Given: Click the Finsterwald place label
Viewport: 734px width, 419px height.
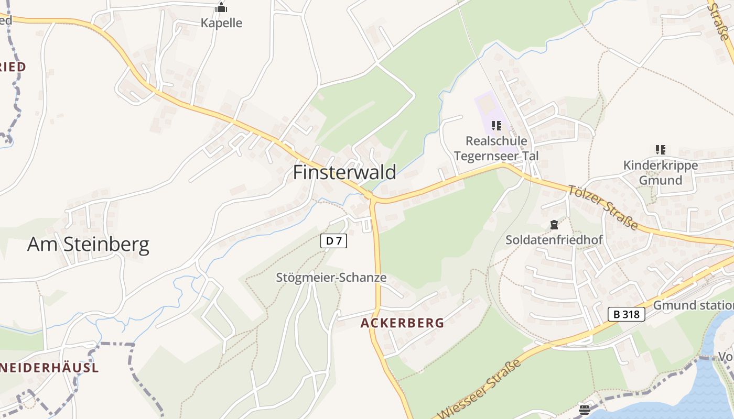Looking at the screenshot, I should coord(344,172).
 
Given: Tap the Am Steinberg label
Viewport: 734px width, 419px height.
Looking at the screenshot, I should coord(88,244).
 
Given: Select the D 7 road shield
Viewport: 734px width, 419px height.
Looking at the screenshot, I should coord(333,241).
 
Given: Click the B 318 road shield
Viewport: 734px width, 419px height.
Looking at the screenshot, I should coord(626,314).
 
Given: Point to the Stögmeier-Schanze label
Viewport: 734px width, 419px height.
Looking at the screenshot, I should coord(331,278).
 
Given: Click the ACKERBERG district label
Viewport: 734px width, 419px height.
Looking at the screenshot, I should coord(402,323).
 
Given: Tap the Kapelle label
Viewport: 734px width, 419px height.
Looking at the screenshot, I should coord(221,23).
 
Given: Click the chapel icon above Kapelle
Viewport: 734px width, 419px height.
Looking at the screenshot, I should coord(221,7).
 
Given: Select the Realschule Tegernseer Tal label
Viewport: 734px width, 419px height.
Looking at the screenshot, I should coord(496,148).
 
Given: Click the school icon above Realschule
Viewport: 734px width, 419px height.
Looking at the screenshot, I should coord(496,126).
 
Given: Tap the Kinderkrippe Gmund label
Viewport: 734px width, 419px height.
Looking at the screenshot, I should coord(660,173).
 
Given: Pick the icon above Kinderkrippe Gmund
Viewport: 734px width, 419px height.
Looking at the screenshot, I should coord(660,150).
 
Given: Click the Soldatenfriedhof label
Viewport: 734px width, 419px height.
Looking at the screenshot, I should coord(554,240).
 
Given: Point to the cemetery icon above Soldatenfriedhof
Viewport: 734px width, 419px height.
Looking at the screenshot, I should coord(554,225).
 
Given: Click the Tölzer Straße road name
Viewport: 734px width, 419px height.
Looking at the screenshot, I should coord(603,207).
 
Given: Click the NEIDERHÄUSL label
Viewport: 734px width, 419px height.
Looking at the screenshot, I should coord(49,368).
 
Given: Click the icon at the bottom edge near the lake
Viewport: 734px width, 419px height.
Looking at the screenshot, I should coord(585,410).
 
